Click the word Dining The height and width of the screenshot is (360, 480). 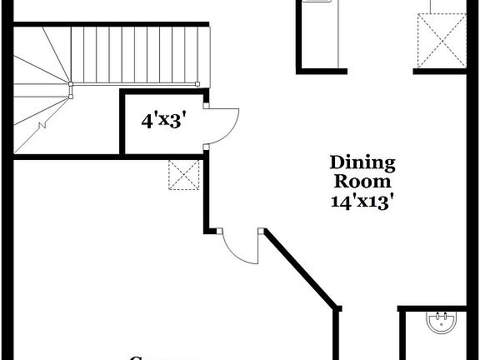[362, 162]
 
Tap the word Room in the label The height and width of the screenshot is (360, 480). [362, 182]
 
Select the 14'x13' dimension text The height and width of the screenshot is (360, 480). [362, 202]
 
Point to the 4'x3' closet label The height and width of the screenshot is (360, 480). [162, 121]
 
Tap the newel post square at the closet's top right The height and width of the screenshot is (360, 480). [197, 83]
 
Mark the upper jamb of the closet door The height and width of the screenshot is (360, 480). [205, 104]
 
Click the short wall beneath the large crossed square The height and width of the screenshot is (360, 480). [440, 70]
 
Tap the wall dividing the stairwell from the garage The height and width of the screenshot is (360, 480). [67, 156]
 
